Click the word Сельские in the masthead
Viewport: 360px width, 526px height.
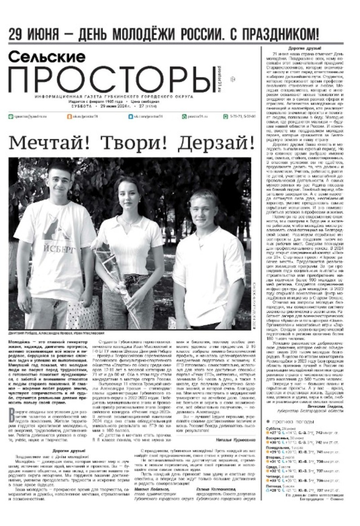(x=47, y=56)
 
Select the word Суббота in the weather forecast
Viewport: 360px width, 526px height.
(x=274, y=429)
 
